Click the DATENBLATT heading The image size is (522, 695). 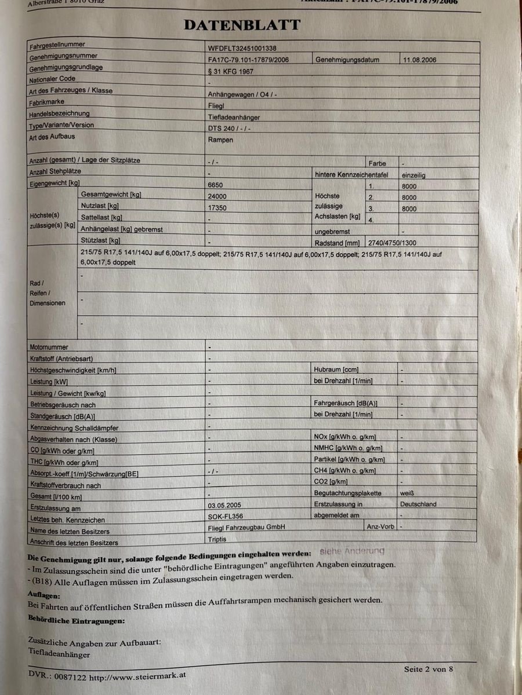point(242,25)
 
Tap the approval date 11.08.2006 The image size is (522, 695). point(419,60)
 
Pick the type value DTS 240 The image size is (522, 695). point(229,128)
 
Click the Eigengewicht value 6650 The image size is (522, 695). point(215,185)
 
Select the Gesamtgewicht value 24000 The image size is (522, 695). point(217,196)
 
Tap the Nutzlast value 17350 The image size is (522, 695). point(217,207)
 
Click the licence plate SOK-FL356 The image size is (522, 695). point(226,516)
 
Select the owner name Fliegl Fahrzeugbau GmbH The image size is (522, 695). point(246,527)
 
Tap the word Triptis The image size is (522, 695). point(217,539)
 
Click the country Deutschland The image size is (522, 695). point(418,504)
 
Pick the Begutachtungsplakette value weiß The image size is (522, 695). point(407,493)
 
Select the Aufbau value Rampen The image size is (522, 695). point(220,140)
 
